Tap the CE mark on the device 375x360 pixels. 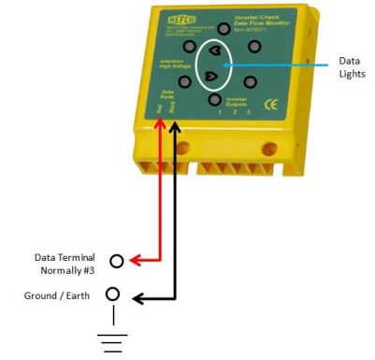click(272, 104)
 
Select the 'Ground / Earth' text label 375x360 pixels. click(60, 295)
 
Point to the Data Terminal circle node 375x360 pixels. click(116, 261)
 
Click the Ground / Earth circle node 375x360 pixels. click(113, 295)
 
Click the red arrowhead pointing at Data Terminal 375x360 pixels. click(134, 261)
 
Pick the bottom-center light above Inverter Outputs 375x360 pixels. click(214, 100)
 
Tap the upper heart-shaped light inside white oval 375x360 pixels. click(215, 50)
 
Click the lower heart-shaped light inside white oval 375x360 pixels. click(211, 76)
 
